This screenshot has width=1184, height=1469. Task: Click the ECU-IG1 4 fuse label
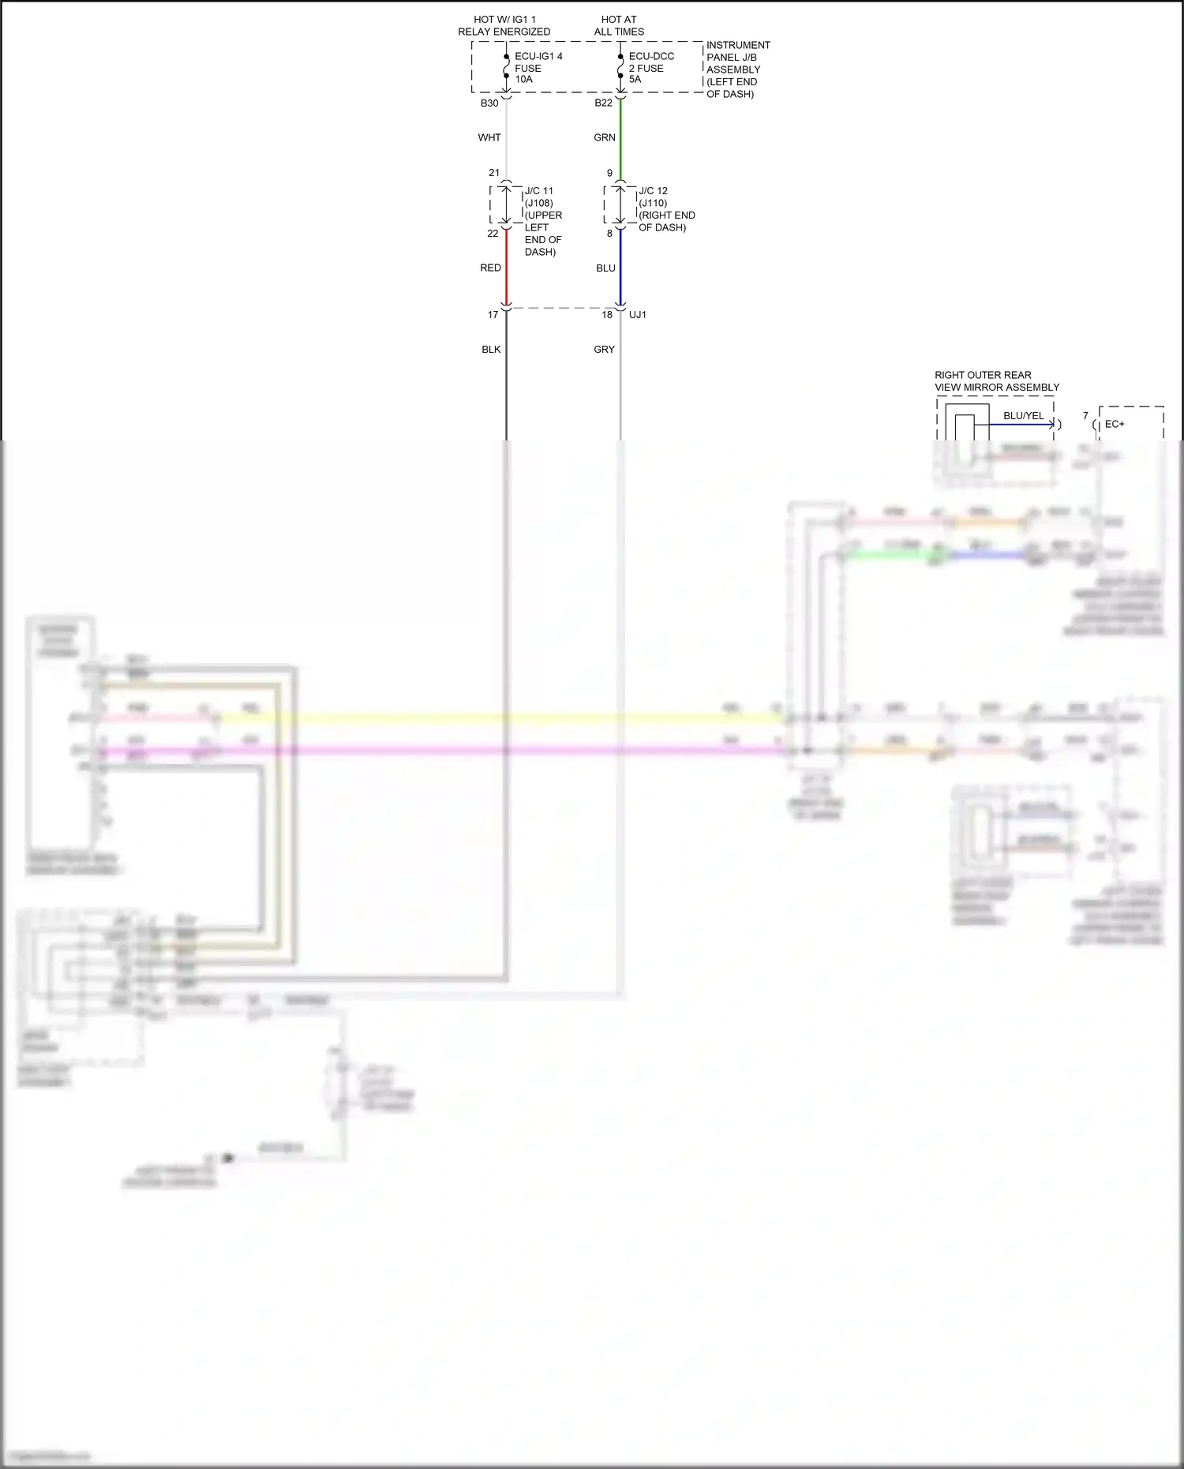(x=538, y=68)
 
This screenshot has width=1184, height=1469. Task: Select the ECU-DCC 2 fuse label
(x=650, y=68)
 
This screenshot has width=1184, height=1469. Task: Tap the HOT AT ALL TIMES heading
(x=619, y=25)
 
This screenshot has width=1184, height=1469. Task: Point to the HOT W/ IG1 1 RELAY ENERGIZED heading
(x=504, y=25)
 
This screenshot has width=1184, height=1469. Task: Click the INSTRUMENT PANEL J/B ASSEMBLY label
(x=737, y=69)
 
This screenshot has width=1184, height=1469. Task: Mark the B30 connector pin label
(x=489, y=103)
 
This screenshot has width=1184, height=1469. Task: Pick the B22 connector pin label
(x=603, y=103)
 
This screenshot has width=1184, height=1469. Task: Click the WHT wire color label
(x=489, y=137)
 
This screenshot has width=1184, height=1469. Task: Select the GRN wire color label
(x=605, y=137)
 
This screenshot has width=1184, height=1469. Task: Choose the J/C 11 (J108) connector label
(x=542, y=221)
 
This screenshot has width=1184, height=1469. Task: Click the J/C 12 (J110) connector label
(x=665, y=209)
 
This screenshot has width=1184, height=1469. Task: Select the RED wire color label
(x=490, y=268)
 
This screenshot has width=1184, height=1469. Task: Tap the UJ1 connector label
(x=638, y=315)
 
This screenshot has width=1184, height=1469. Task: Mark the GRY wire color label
(x=604, y=350)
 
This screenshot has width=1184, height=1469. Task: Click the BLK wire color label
(x=491, y=350)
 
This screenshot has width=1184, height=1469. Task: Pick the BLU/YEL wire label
(x=1023, y=416)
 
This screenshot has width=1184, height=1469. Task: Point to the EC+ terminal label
(x=1115, y=425)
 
